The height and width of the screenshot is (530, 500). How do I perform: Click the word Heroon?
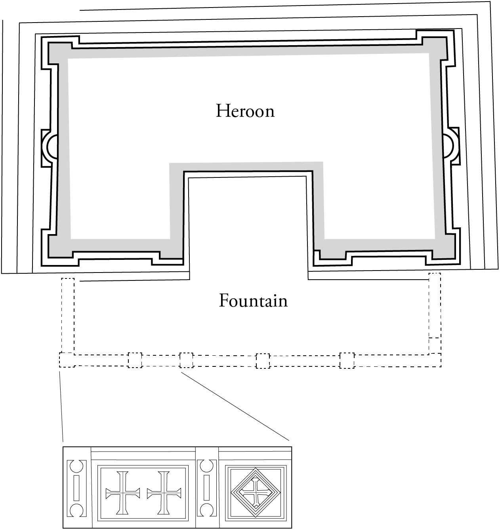[245, 111]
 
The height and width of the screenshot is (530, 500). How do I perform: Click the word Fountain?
[253, 301]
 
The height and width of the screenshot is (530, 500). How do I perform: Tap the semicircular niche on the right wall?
[448, 145]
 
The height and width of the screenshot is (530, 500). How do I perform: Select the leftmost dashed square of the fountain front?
[67, 360]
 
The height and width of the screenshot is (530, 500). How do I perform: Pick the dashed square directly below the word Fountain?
[263, 361]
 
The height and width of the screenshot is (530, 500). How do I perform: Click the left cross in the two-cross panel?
[122, 493]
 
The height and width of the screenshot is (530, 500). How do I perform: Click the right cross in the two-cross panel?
[164, 493]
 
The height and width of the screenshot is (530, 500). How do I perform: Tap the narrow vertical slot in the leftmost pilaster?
[77, 488]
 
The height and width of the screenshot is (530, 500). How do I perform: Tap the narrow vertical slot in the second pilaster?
[206, 488]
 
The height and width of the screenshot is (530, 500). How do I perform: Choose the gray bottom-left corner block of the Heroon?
[59, 246]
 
